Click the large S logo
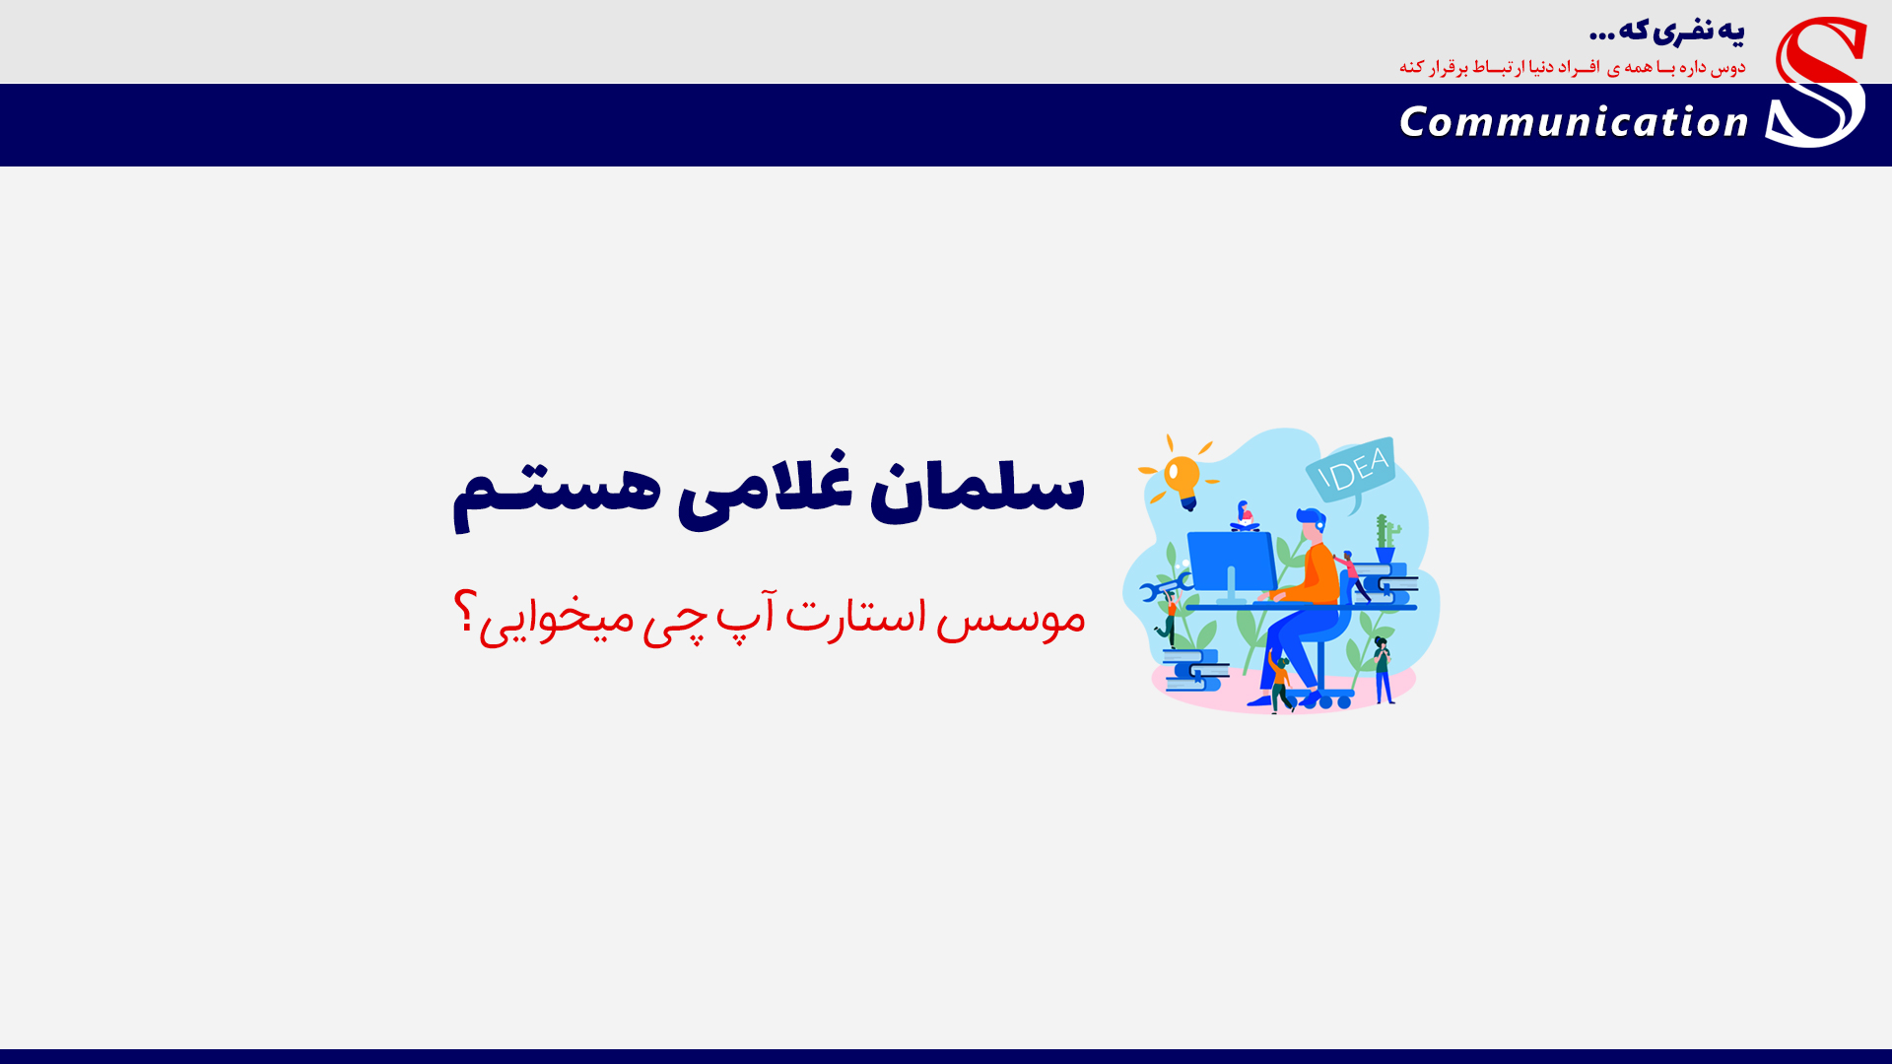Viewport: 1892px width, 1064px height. pyautogui.click(x=1816, y=82)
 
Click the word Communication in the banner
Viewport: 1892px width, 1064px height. pyautogui.click(x=1574, y=122)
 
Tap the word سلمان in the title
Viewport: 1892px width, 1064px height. pyautogui.click(x=977, y=487)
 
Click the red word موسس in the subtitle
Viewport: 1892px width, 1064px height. pyautogui.click(x=1010, y=618)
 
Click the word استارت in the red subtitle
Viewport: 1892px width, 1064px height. pyautogui.click(x=855, y=613)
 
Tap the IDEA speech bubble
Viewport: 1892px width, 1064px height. pyautogui.click(x=1352, y=469)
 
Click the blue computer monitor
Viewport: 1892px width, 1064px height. pyautogui.click(x=1232, y=565)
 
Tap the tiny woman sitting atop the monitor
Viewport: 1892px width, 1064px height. pyautogui.click(x=1245, y=516)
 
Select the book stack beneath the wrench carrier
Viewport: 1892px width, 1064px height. pyautogui.click(x=1194, y=670)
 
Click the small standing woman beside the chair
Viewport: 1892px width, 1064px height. pyautogui.click(x=1383, y=671)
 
